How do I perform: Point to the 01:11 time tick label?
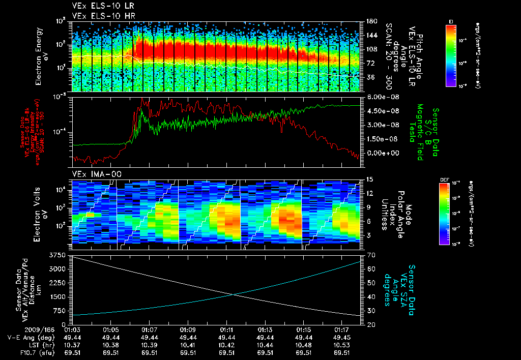(x=226, y=329)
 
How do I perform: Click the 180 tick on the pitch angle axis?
(x=370, y=21)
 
